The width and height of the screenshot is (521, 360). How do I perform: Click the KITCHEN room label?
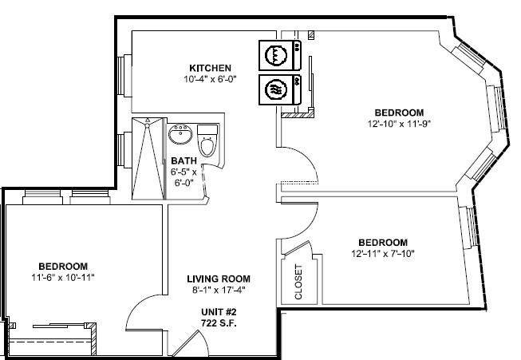(210, 68)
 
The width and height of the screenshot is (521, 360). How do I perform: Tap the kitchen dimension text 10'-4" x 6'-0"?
(210, 79)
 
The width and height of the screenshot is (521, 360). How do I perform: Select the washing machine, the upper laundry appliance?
(280, 55)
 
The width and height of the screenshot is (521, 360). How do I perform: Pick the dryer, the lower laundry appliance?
(280, 89)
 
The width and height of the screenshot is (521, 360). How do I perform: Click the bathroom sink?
(180, 134)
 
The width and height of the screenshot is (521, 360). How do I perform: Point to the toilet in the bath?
(207, 140)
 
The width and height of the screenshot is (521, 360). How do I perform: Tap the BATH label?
(184, 161)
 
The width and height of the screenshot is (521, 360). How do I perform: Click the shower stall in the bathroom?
(148, 159)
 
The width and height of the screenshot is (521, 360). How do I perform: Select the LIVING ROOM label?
(219, 279)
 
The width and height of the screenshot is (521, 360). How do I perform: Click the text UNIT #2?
(219, 312)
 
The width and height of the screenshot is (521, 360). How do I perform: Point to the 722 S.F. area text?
(219, 323)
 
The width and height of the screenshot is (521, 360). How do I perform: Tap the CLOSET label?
(298, 282)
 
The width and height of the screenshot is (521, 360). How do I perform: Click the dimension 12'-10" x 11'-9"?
(399, 124)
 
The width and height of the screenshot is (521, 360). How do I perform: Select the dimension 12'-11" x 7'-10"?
(383, 254)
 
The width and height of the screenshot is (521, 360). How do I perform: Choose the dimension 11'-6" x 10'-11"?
(63, 278)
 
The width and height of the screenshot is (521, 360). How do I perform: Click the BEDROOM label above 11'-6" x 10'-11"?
(63, 267)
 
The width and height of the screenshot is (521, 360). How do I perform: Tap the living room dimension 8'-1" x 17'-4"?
(219, 291)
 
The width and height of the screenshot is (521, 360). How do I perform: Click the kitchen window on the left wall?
(124, 76)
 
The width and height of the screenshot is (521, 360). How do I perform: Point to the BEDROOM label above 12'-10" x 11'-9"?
(399, 113)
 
